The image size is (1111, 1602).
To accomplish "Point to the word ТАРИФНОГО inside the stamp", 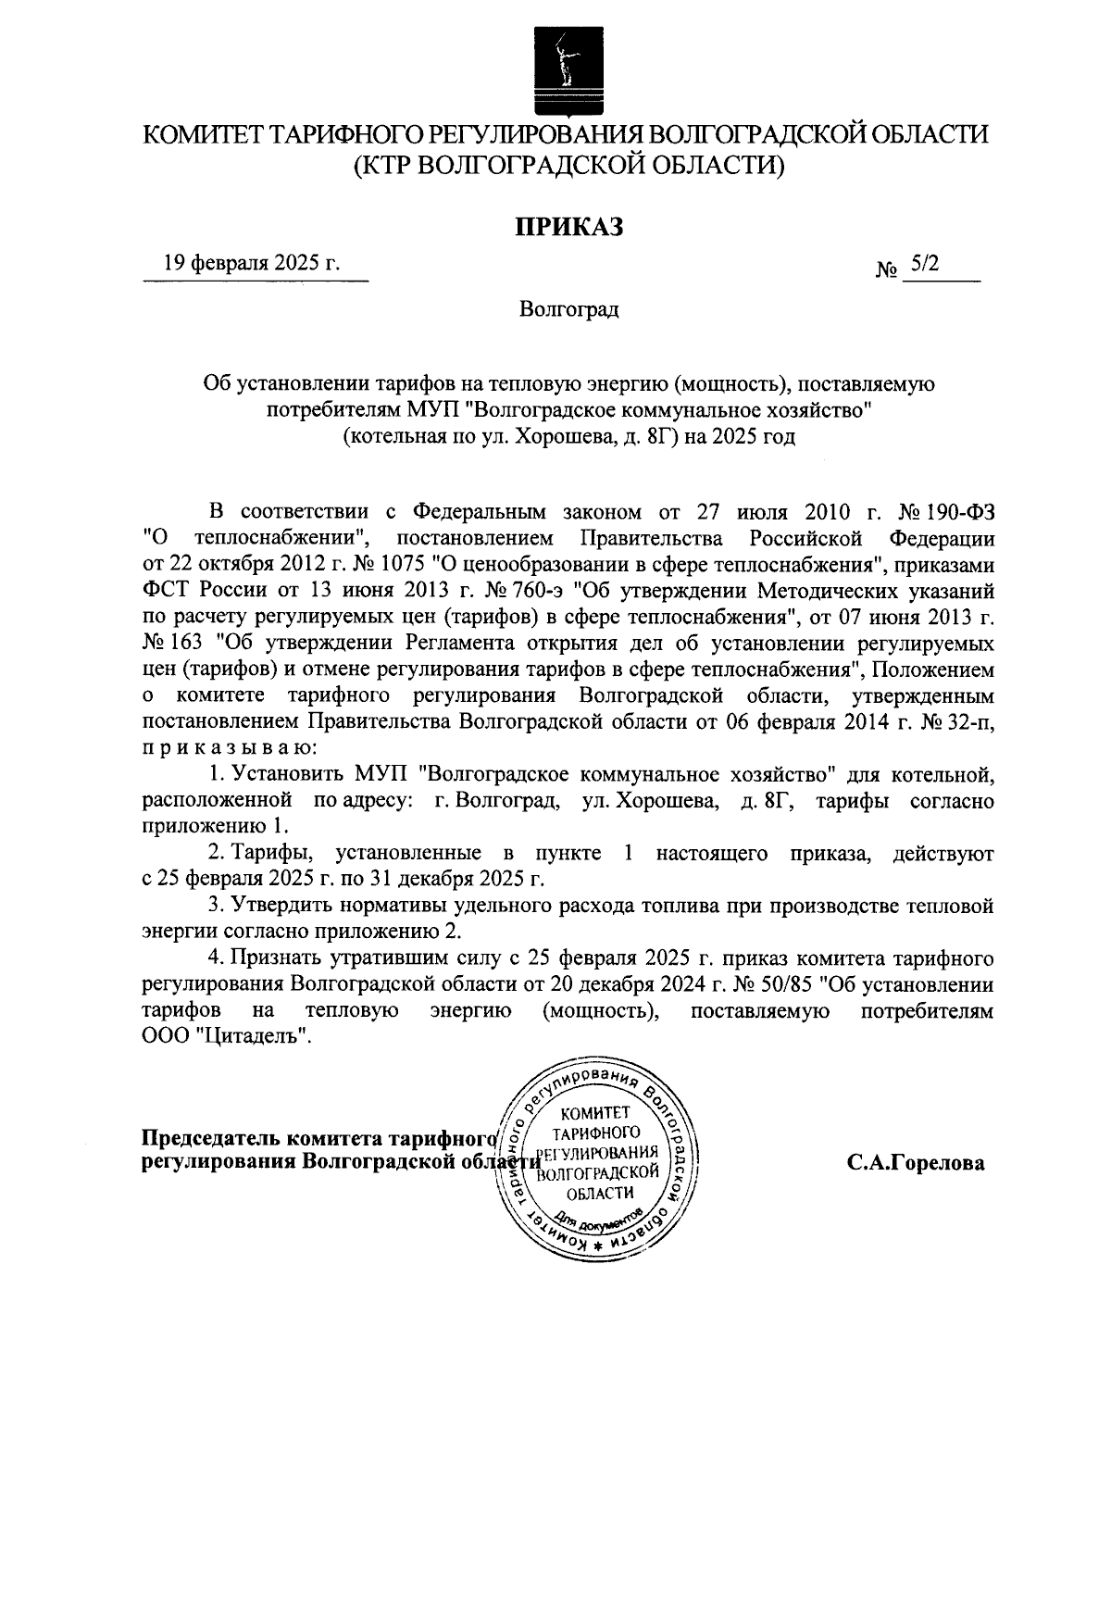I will coord(599,1133).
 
